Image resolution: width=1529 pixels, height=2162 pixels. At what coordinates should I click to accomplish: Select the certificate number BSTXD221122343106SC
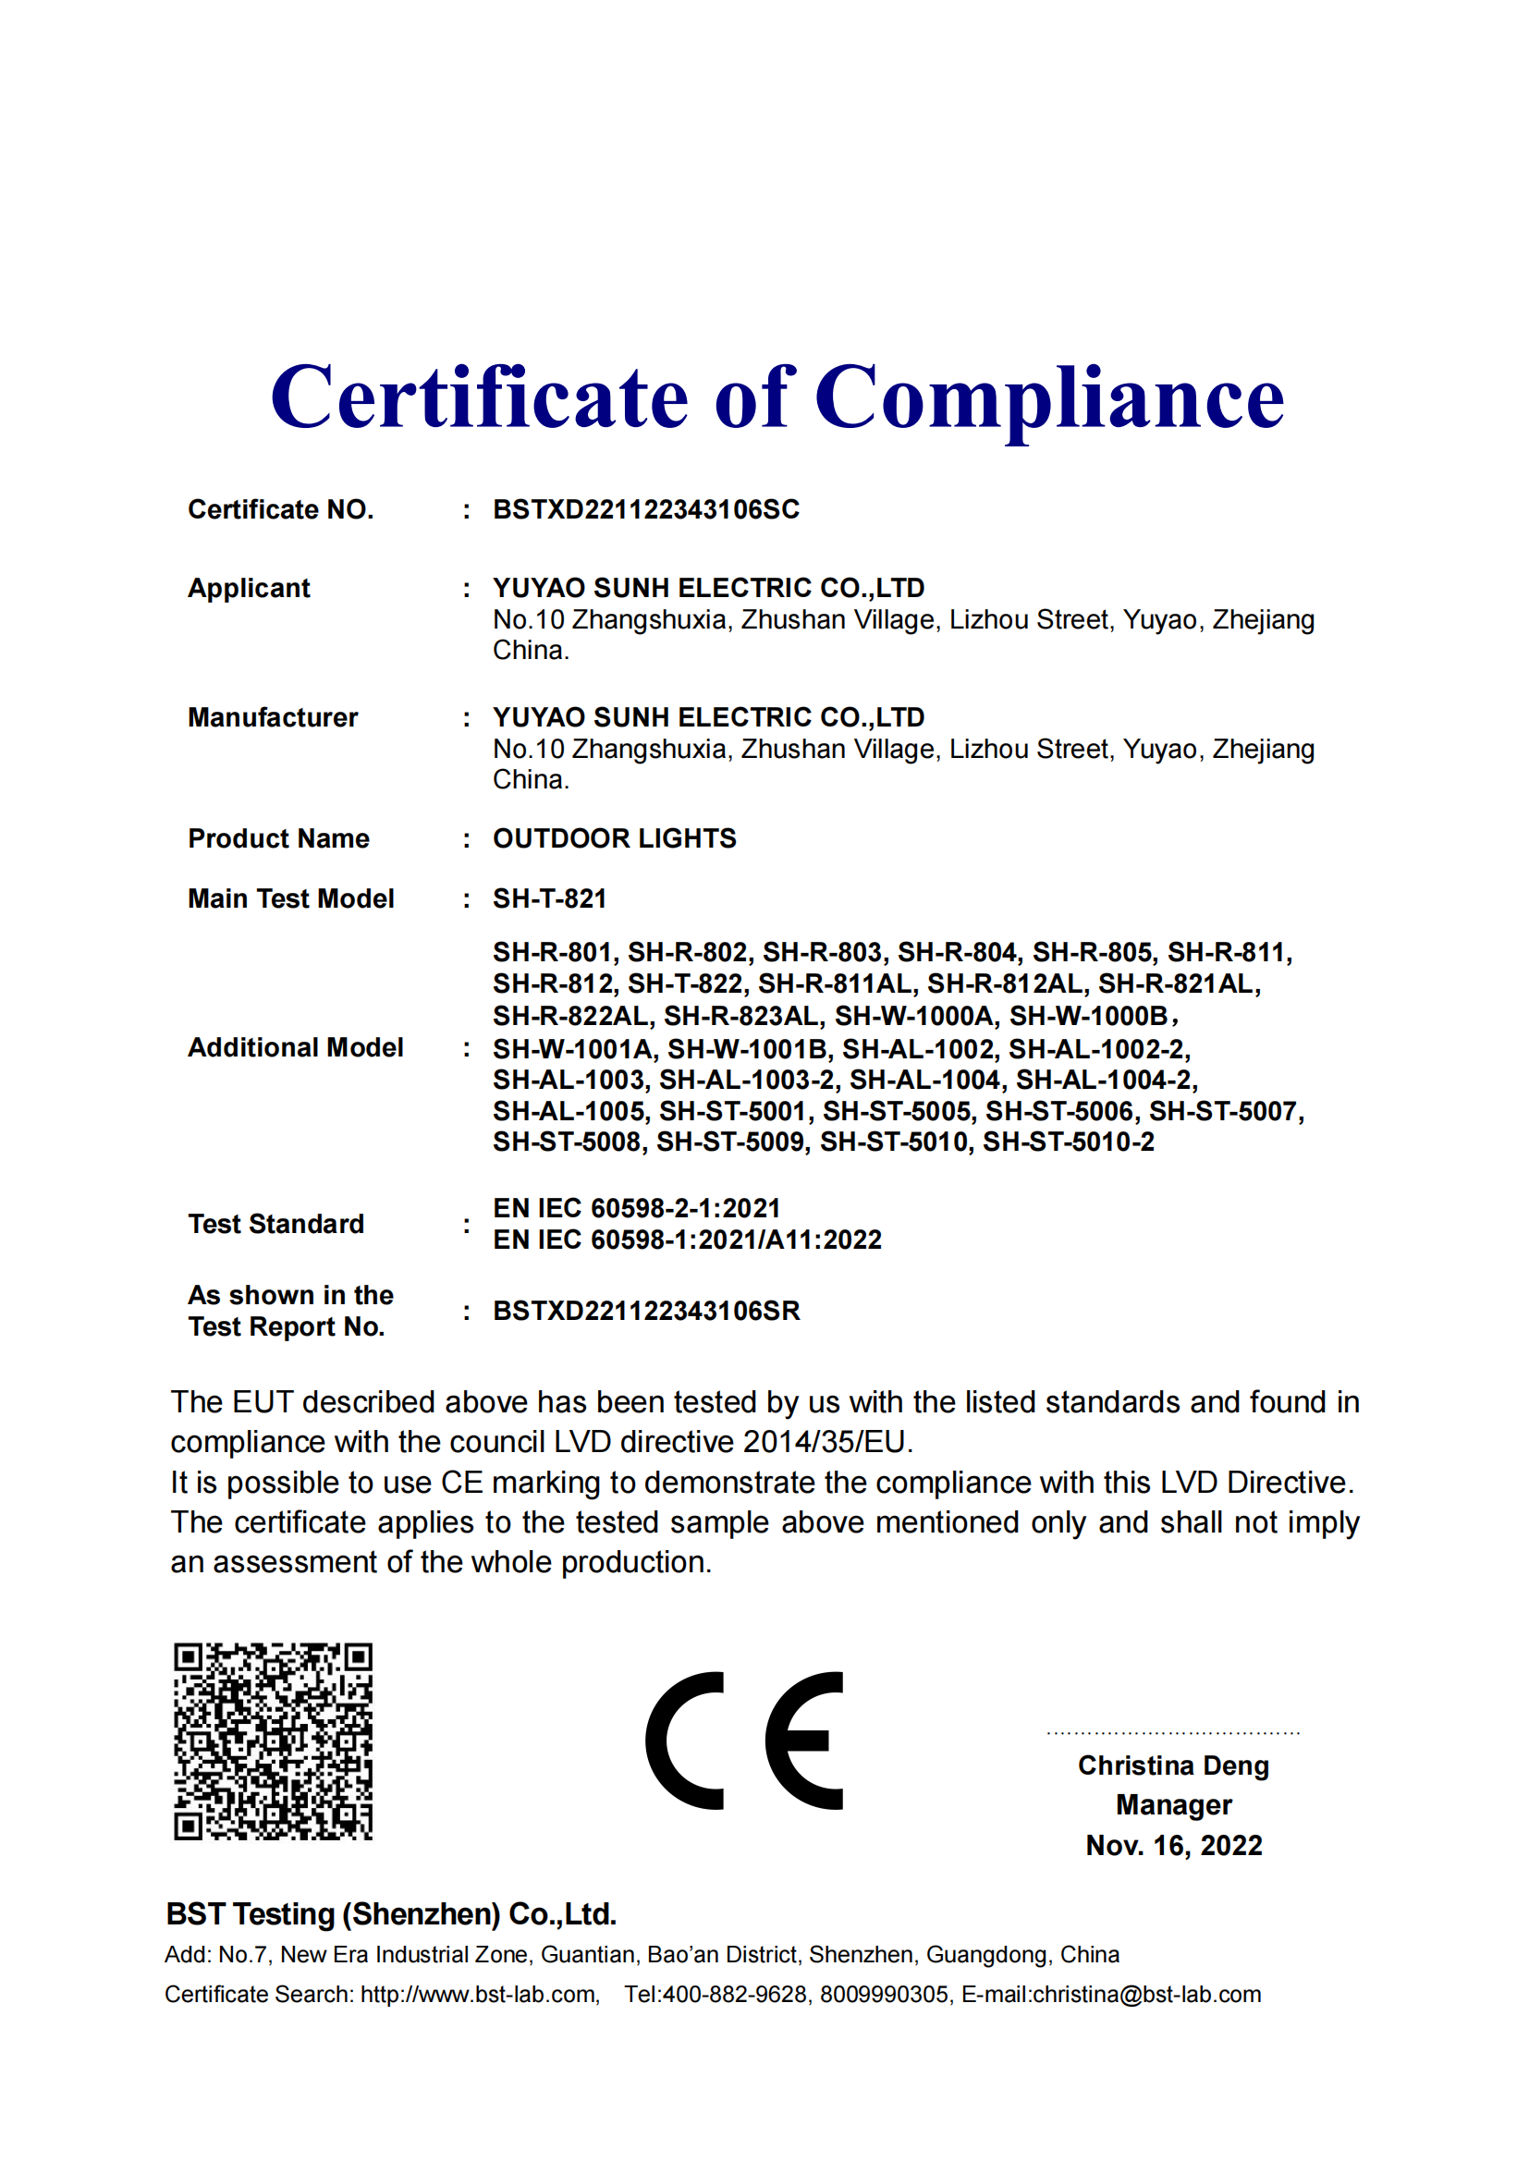(x=646, y=509)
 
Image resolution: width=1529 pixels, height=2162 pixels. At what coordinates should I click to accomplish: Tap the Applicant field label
(x=249, y=588)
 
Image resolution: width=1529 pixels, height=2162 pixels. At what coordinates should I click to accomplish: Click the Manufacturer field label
(x=273, y=717)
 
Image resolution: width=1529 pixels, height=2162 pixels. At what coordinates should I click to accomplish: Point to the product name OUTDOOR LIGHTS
(x=614, y=838)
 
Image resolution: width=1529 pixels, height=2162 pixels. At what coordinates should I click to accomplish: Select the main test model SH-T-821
(x=549, y=898)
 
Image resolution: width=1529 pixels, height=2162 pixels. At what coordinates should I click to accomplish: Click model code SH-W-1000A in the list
(x=913, y=1016)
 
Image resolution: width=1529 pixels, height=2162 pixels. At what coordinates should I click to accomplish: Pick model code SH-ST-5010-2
(x=1068, y=1142)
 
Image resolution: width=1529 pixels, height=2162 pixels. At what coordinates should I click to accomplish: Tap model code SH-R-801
(x=553, y=953)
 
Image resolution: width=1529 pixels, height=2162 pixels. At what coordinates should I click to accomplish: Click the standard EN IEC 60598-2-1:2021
(x=636, y=1208)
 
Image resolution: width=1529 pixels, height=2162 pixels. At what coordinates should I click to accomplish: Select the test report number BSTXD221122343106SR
(x=646, y=1311)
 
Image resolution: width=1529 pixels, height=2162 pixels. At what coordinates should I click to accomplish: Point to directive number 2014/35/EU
(x=824, y=1442)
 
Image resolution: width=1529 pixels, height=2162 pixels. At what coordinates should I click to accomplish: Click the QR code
(x=273, y=1741)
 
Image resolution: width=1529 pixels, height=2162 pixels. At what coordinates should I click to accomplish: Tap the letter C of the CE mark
(x=684, y=1741)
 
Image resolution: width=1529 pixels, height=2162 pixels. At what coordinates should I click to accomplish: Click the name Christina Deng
(x=1173, y=1765)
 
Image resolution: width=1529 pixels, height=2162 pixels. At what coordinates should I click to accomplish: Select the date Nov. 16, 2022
(x=1173, y=1846)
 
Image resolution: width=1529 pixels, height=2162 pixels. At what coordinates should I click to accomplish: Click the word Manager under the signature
(x=1173, y=1805)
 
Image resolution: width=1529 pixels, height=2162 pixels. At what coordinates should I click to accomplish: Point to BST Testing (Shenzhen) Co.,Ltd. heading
(x=391, y=1914)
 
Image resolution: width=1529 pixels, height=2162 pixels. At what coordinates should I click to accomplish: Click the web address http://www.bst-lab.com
(x=478, y=1995)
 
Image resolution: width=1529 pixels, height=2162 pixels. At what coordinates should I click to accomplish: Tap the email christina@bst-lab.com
(x=1145, y=1995)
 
